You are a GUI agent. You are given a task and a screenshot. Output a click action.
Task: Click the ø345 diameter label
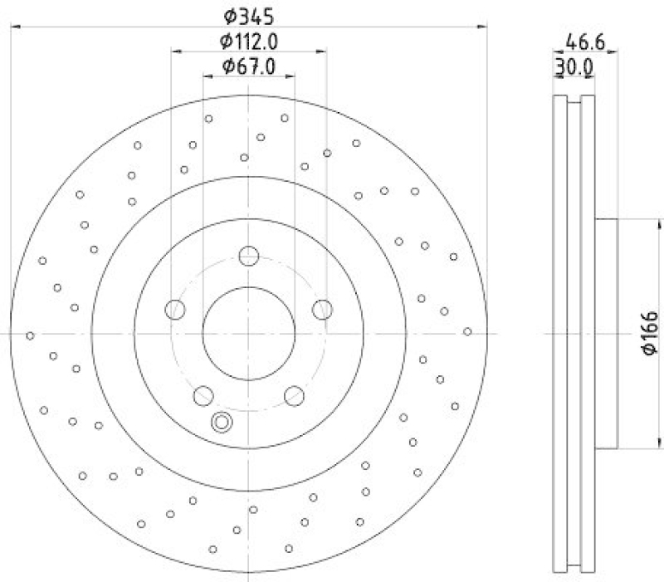(x=249, y=14)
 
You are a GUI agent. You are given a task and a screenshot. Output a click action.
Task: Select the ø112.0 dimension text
(x=249, y=41)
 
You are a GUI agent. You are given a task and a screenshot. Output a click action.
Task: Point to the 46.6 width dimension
(x=584, y=40)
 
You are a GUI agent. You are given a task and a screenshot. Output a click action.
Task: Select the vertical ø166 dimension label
(x=650, y=332)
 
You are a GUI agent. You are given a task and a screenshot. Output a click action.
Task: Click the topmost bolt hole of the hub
(x=248, y=256)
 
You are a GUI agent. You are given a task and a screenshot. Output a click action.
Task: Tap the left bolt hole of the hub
(x=175, y=310)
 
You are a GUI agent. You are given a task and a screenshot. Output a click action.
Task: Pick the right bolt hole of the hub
(x=322, y=310)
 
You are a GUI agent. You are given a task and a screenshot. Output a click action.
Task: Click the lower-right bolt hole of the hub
(x=294, y=396)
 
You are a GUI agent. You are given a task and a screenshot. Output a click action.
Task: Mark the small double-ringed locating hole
(x=222, y=422)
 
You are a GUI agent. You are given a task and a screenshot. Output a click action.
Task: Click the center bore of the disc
(x=248, y=333)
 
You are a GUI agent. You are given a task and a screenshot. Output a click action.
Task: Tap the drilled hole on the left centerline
(x=30, y=335)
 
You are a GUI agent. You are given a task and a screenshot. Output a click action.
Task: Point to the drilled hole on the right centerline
(x=467, y=331)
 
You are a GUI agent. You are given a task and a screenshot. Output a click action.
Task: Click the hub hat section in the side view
(x=607, y=333)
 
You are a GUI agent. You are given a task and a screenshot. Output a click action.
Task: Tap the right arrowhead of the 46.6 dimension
(x=614, y=53)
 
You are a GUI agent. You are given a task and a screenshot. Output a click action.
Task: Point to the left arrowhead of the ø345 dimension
(x=15, y=28)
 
